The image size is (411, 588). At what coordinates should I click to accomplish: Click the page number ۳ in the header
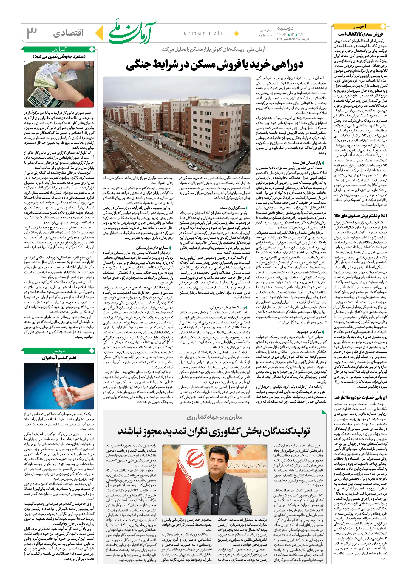[x=32, y=33]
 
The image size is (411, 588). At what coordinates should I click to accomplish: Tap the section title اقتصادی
[x=68, y=33]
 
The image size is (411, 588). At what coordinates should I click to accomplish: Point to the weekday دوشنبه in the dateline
[x=285, y=28]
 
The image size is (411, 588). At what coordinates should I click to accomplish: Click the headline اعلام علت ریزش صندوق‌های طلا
[x=360, y=216]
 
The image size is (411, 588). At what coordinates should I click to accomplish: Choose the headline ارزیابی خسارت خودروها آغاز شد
[x=360, y=397]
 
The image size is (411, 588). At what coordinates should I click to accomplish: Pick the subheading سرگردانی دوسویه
[x=309, y=332]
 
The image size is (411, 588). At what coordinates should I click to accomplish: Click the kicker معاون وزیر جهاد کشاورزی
[x=214, y=417]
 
